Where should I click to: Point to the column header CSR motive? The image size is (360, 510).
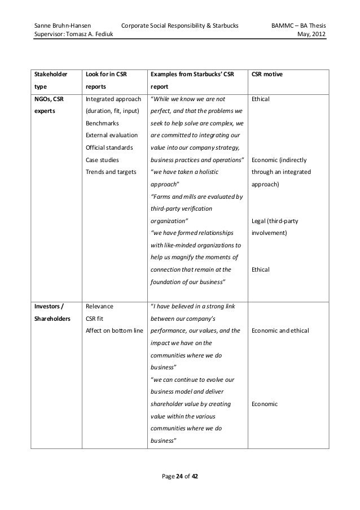[x=269, y=74]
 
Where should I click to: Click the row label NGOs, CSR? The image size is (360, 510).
[x=50, y=98]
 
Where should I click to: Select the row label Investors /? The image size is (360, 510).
[x=49, y=307]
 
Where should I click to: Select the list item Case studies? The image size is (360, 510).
[x=100, y=160]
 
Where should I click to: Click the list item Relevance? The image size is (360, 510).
[x=99, y=307]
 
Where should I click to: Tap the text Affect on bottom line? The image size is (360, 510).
[x=114, y=330]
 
